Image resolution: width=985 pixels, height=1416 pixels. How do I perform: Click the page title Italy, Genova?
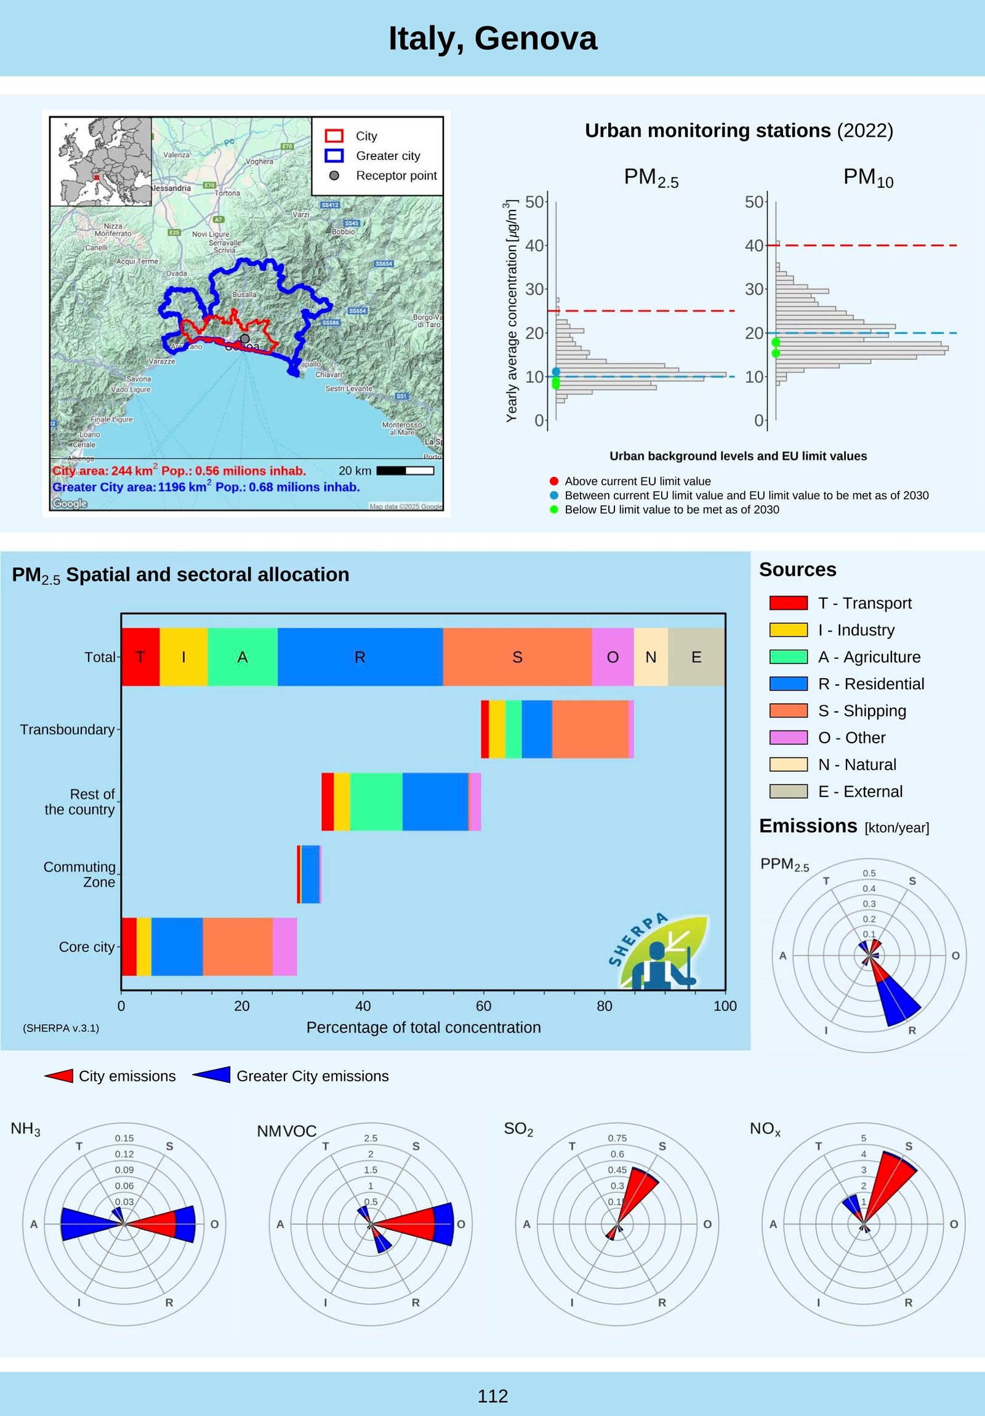coord(492,38)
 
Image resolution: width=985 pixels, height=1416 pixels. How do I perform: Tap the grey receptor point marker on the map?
coord(245,338)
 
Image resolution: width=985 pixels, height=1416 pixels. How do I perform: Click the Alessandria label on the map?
coord(171,188)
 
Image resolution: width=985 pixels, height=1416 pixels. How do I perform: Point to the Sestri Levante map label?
coord(348,388)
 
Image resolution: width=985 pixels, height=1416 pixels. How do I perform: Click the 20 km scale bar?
coord(404,471)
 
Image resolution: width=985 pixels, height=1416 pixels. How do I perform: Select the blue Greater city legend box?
coord(334,156)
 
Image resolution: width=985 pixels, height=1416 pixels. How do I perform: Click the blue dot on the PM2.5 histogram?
coord(556,372)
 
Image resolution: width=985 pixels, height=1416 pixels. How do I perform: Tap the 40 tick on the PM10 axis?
coord(754,246)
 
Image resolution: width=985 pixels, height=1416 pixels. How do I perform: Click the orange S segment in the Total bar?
coord(517,657)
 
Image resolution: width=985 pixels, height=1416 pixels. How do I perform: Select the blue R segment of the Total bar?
coord(360,657)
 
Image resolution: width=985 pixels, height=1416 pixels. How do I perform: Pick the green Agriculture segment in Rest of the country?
coord(376,801)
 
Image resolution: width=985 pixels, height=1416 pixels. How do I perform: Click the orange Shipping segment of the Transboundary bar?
coord(590,729)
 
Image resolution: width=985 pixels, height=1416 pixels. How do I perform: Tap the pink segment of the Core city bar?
coord(284,946)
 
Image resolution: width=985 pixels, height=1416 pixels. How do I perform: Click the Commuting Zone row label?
coord(79,874)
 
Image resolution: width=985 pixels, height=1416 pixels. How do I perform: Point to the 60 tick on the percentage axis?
coord(483,1006)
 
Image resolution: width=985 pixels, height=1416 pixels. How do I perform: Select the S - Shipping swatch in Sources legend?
coord(788,711)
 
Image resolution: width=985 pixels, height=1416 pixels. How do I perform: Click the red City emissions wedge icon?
coord(59,1076)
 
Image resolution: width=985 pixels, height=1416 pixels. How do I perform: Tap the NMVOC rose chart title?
coord(287,1131)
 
